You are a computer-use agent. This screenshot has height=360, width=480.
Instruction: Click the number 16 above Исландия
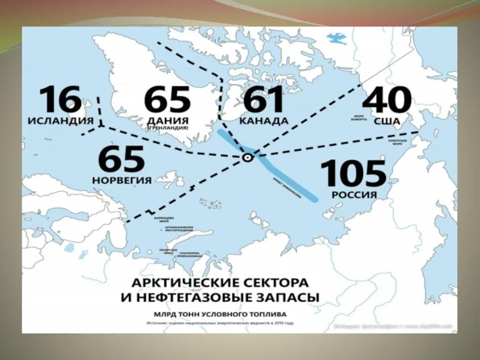coord(60,100)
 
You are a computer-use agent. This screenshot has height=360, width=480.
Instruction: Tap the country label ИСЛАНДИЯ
coord(60,121)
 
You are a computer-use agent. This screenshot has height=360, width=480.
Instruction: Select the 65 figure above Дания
coord(167,100)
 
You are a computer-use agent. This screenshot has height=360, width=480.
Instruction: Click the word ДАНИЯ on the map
coord(167,120)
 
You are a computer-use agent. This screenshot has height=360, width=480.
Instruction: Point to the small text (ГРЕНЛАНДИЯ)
coord(168,127)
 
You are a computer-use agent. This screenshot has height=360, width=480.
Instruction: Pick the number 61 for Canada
coord(263,100)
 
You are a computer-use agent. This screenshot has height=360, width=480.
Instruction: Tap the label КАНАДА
coord(263,121)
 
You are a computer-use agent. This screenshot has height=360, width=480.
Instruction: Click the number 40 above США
coord(388,100)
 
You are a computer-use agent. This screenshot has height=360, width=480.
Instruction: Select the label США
coord(388,121)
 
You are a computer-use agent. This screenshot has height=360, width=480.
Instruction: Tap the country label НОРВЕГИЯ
coord(121,179)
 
